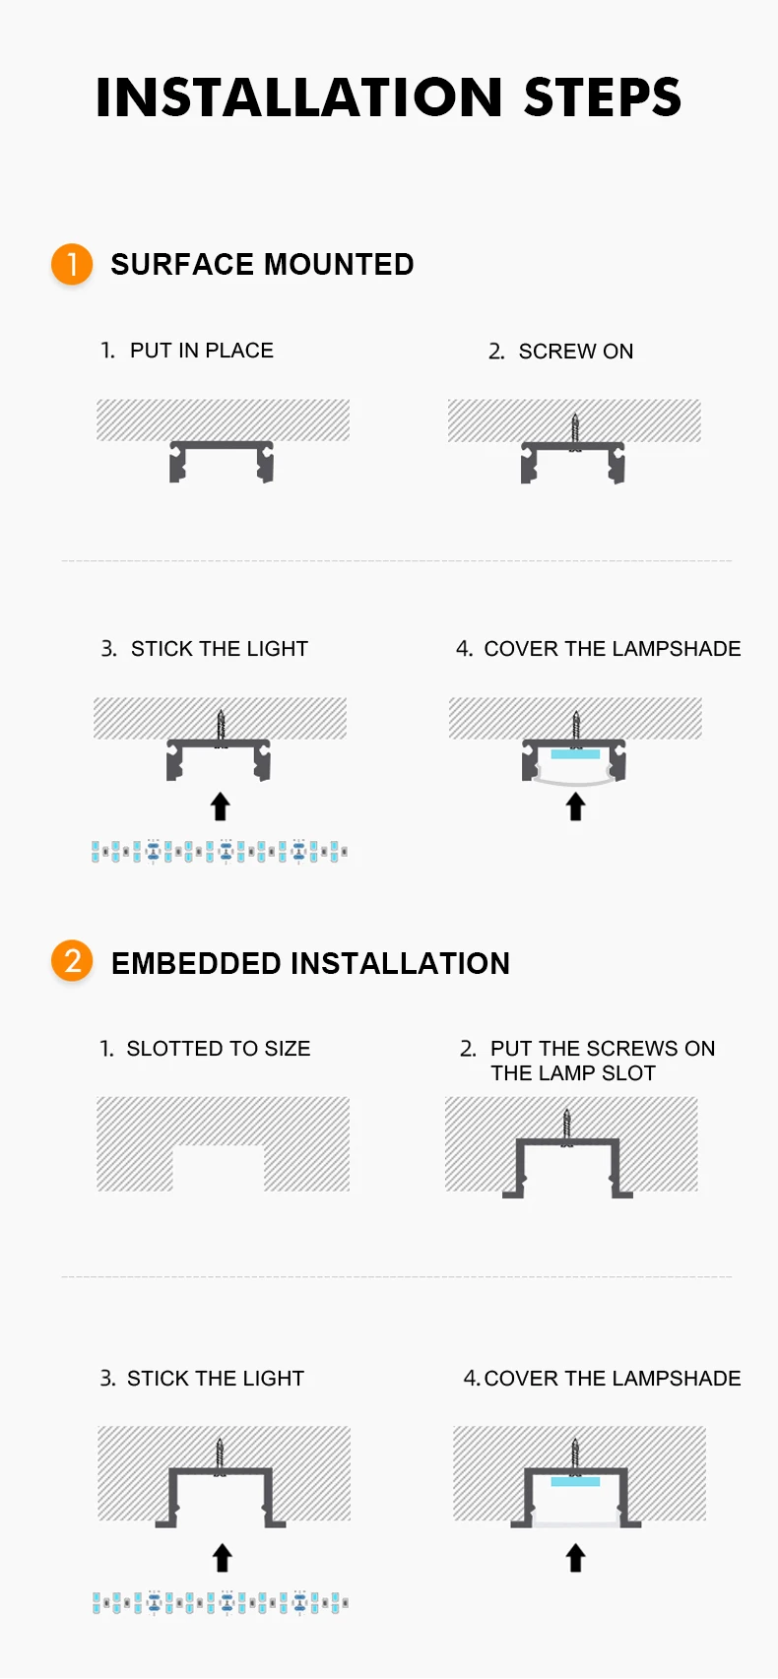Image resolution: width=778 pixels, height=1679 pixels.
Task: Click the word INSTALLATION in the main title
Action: click(299, 97)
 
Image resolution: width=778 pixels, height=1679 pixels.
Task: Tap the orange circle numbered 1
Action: click(72, 264)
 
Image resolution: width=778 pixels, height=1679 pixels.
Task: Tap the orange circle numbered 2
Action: click(72, 961)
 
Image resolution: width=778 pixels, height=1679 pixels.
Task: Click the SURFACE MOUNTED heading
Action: click(262, 265)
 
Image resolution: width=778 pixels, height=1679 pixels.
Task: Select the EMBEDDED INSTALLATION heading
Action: click(310, 963)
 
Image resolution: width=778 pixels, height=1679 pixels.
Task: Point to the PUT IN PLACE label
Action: click(202, 350)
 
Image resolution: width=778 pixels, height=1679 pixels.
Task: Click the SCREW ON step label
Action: click(576, 351)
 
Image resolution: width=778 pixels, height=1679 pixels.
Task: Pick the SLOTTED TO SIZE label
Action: click(218, 1048)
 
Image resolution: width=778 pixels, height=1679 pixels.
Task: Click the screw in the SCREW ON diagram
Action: click(575, 431)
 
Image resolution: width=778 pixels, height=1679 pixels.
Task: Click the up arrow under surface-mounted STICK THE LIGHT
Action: click(220, 807)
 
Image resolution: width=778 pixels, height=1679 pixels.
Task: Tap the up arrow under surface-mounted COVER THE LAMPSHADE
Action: click(576, 807)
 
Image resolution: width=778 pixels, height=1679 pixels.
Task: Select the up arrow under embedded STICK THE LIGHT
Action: click(222, 1557)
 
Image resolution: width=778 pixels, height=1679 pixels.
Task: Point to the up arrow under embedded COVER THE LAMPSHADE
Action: click(576, 1557)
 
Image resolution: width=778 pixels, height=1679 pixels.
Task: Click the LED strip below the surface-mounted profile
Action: click(219, 852)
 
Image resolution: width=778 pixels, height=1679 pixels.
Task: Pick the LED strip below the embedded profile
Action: click(221, 1602)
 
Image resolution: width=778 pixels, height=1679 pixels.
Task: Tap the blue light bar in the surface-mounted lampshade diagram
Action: click(575, 754)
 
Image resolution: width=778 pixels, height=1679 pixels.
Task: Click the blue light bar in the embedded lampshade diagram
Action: click(575, 1482)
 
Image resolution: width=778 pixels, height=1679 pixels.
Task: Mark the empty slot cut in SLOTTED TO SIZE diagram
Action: click(218, 1169)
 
